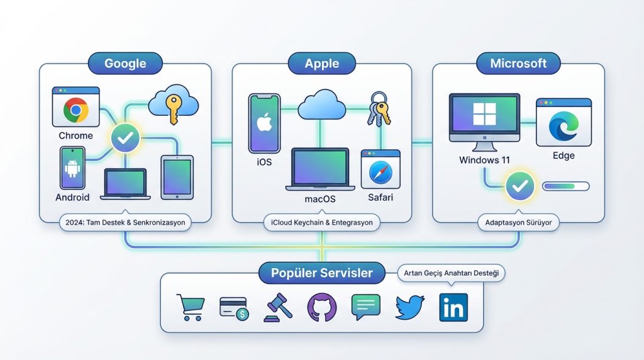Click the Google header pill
125,64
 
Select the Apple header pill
321,64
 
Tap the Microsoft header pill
518,64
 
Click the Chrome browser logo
75,110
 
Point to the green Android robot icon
72,168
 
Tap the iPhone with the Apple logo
264,123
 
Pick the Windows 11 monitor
484,120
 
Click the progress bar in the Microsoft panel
565,186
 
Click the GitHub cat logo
321,308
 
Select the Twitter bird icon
409,308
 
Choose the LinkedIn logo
453,308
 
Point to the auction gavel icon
278,308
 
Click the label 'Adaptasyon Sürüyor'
518,222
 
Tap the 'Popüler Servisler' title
321,273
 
